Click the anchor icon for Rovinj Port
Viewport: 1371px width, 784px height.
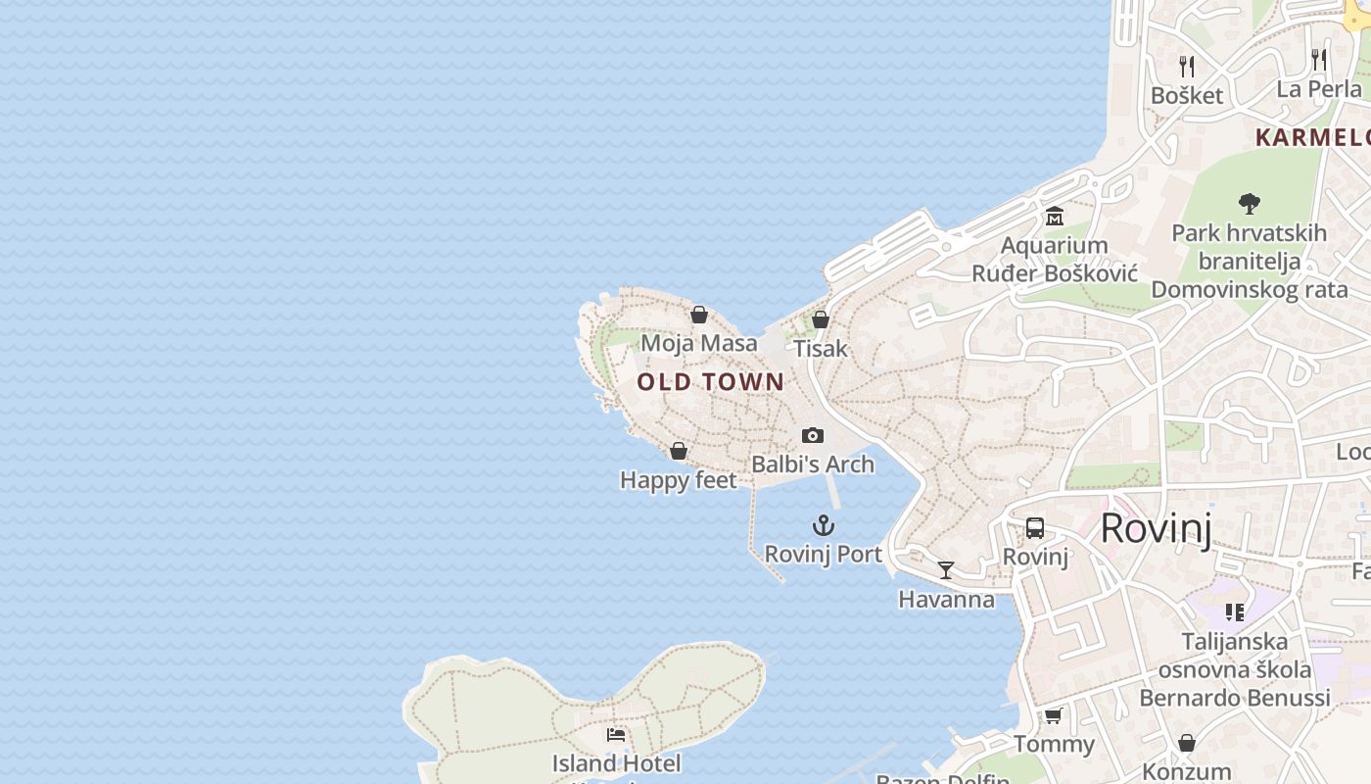(824, 525)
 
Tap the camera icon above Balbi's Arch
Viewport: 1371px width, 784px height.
(812, 435)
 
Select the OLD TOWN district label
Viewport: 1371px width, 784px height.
(711, 382)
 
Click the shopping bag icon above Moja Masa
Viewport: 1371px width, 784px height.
(699, 315)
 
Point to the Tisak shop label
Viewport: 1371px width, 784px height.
(821, 349)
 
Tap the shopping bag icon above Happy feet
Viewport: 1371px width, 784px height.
(678, 451)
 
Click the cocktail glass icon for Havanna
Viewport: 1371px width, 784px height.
(946, 569)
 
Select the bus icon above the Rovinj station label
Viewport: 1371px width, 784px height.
(1035, 528)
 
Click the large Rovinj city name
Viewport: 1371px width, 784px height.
(1156, 528)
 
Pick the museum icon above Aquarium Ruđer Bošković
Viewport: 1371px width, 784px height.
(1055, 216)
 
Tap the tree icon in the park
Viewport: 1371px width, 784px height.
(1249, 204)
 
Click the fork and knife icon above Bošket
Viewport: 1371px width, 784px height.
(1187, 66)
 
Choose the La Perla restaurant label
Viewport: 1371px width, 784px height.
(1319, 89)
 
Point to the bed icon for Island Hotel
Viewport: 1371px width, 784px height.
(616, 734)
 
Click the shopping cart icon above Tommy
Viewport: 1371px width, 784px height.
(1054, 715)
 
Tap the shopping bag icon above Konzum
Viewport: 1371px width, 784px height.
(1187, 743)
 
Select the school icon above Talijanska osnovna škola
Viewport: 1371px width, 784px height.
(1234, 612)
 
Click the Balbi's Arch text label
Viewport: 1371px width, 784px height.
(812, 465)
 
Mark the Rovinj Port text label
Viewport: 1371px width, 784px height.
(823, 555)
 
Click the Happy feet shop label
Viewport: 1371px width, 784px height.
(678, 480)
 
